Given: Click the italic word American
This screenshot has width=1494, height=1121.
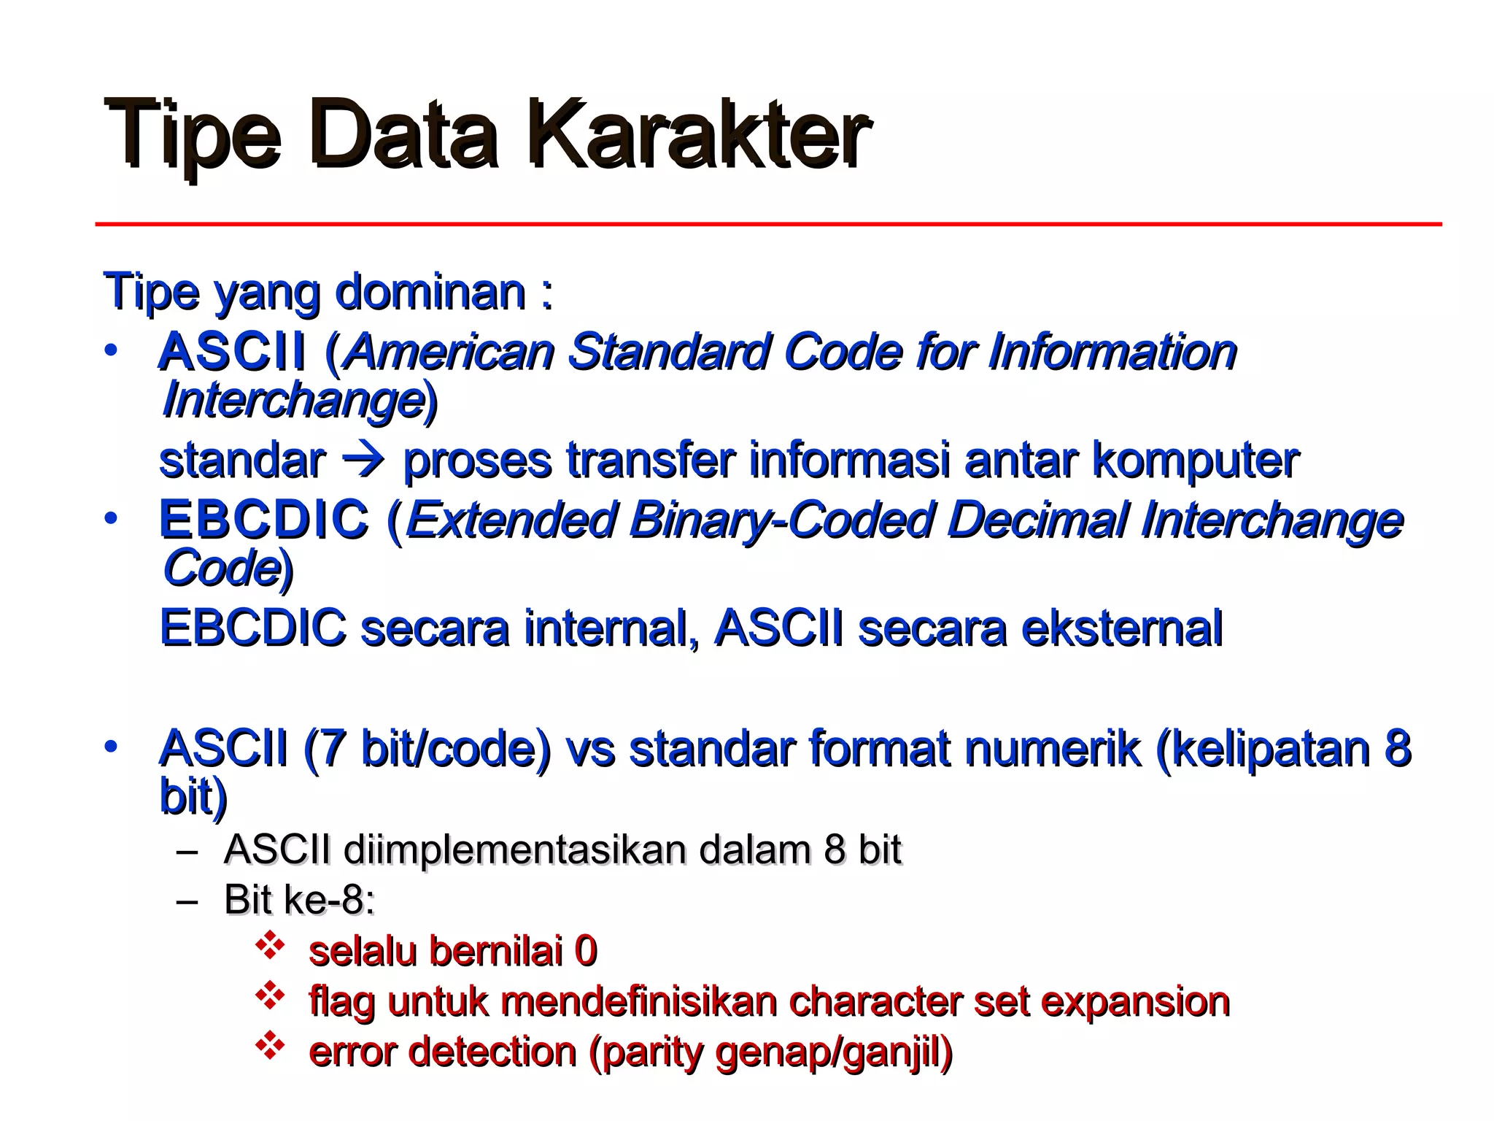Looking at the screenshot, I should tap(450, 352).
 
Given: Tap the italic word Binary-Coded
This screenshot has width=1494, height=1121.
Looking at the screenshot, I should tap(781, 520).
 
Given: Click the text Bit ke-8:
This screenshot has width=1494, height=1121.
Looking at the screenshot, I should tap(299, 899).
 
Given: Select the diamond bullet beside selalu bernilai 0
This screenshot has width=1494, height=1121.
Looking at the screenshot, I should tap(269, 945).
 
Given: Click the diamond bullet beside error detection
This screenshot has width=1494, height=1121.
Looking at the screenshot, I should tap(269, 1045).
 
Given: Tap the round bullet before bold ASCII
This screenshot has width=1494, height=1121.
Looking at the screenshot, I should tap(110, 351).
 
